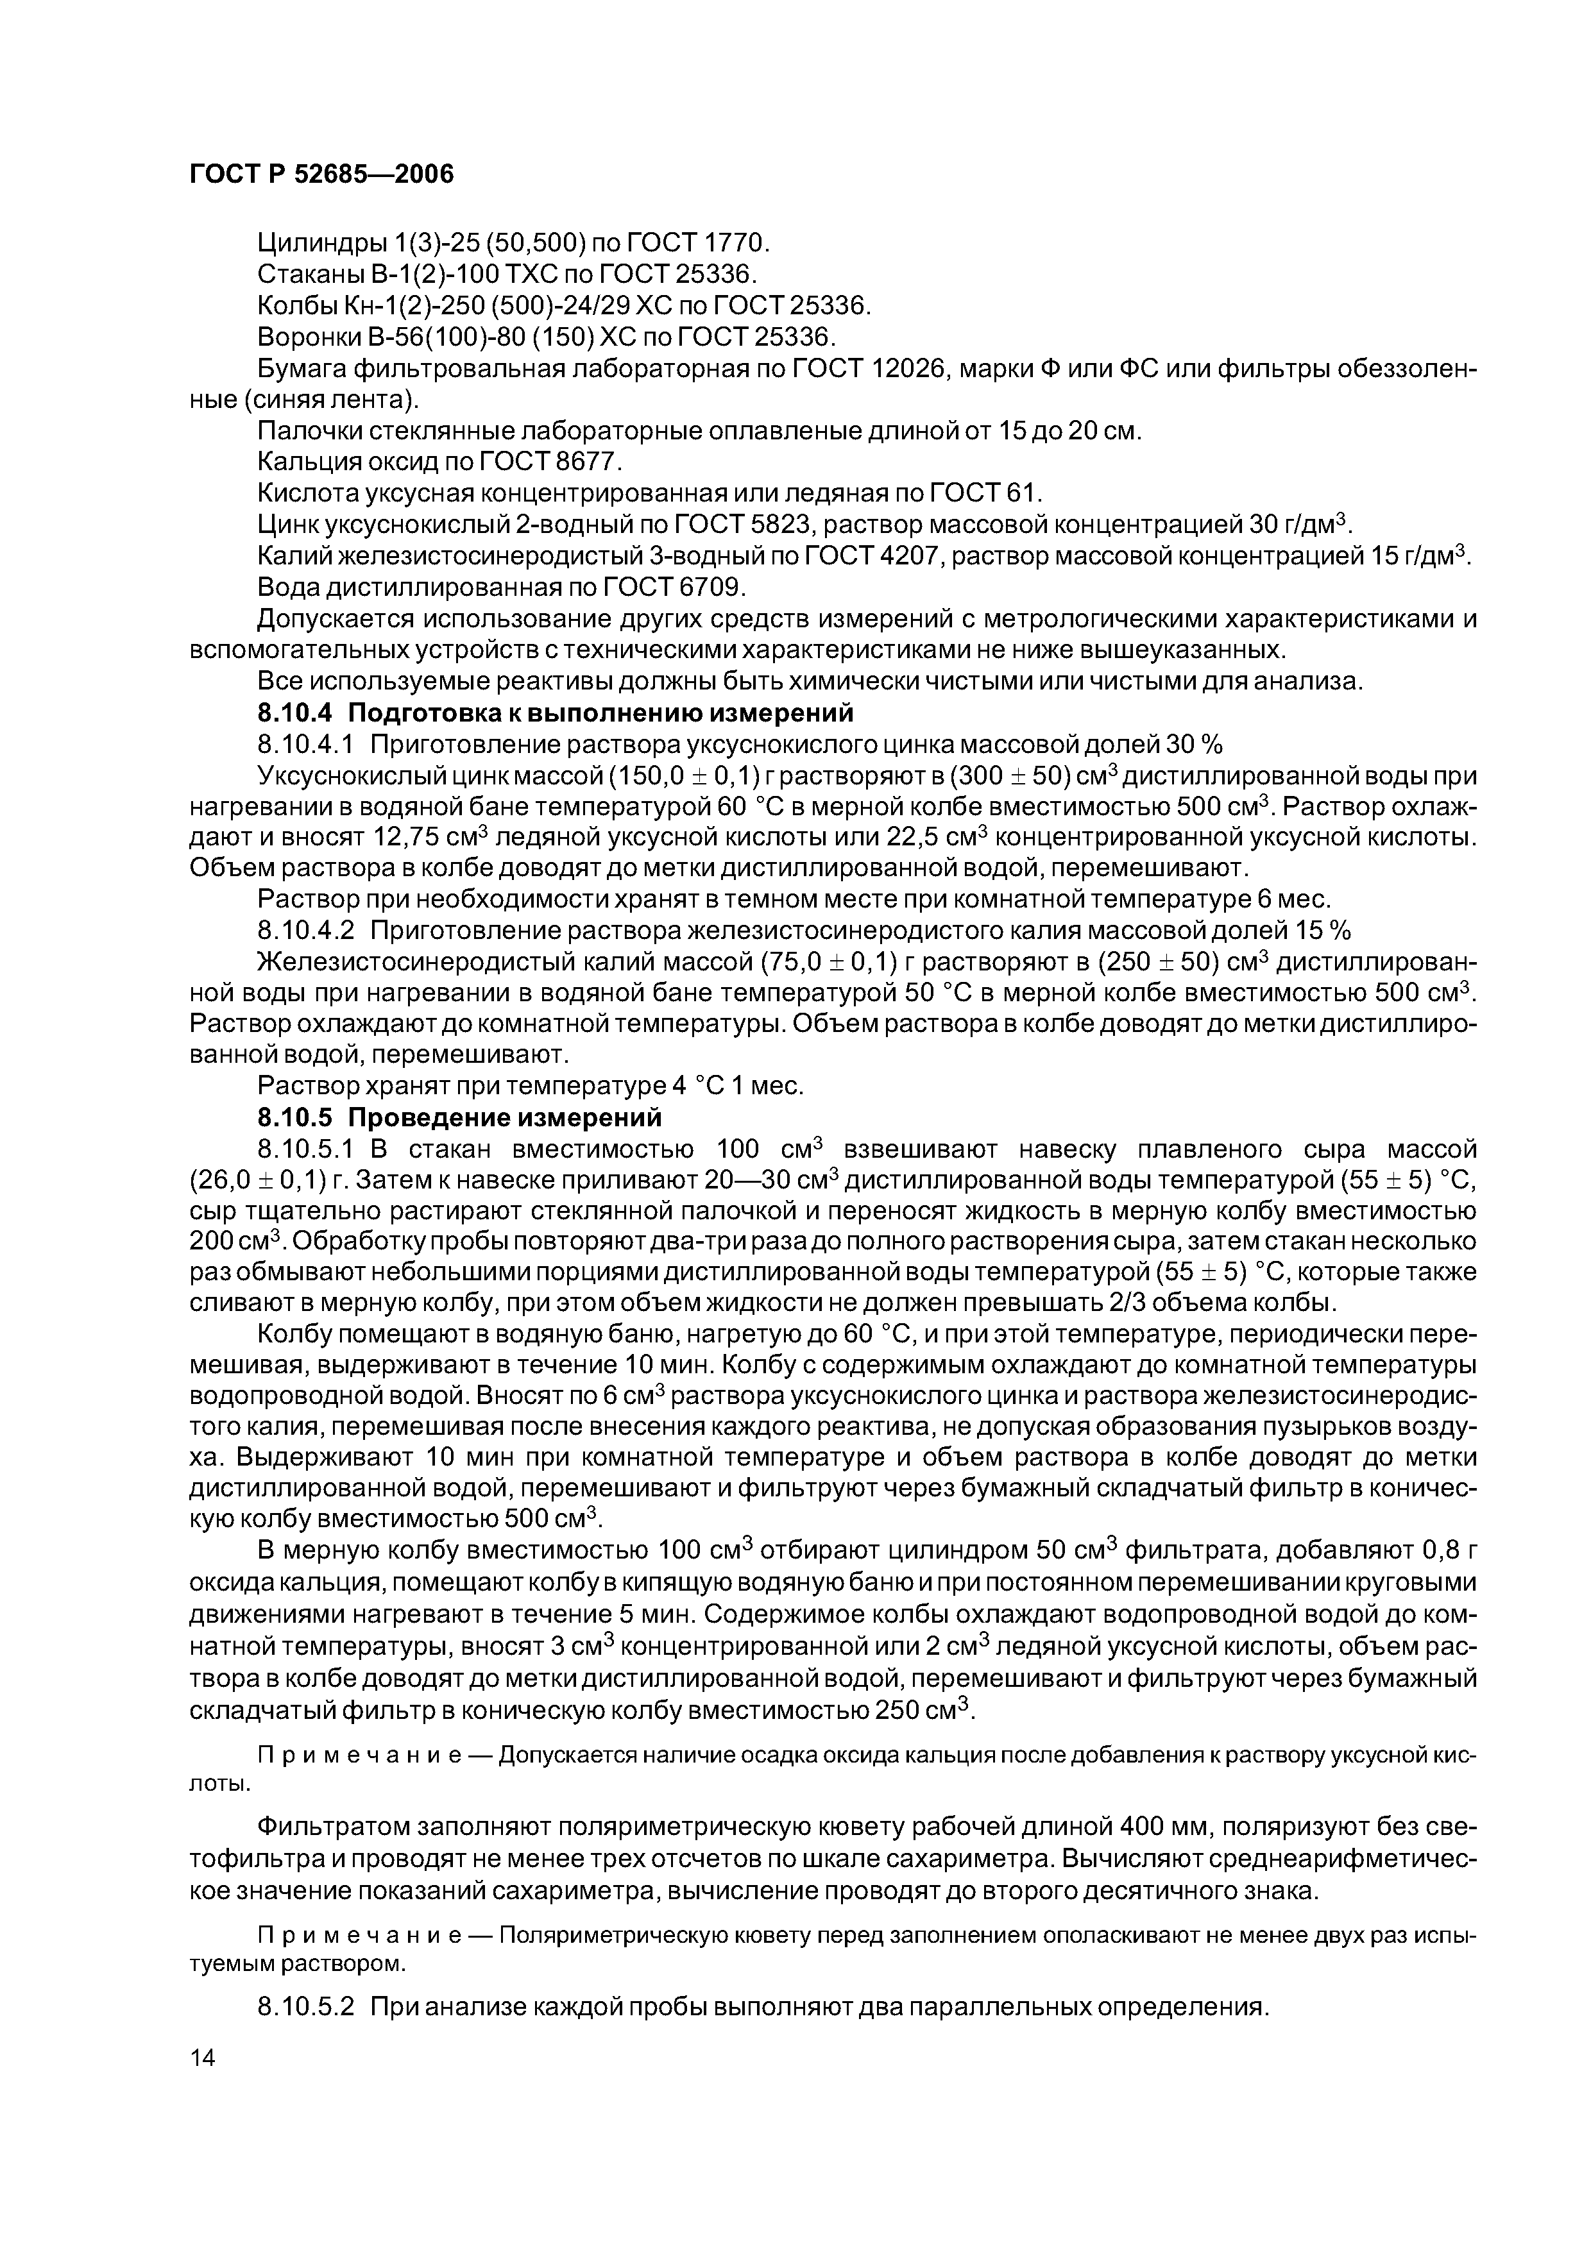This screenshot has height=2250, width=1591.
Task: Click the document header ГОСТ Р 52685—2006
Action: pyautogui.click(x=321, y=174)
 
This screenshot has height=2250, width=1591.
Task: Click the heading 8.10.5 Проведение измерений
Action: pyautogui.click(x=459, y=1118)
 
